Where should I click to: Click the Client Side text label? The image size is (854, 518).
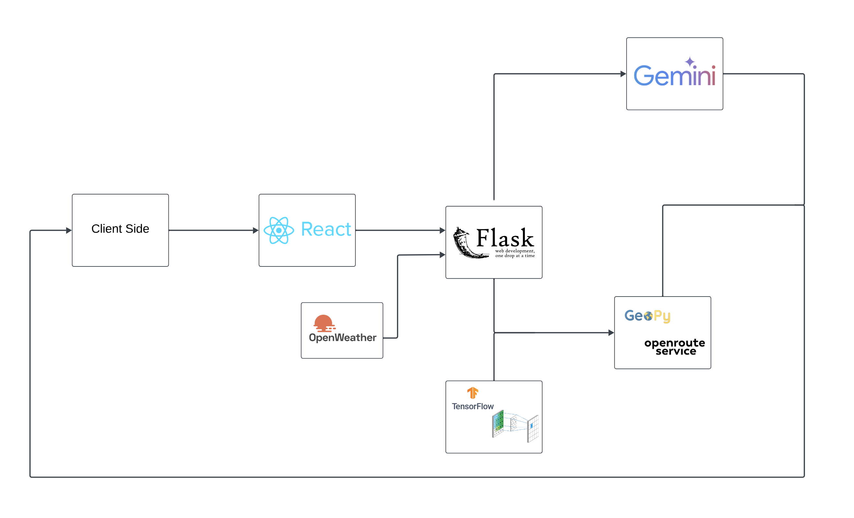tap(120, 229)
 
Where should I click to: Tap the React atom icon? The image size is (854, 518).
tap(279, 230)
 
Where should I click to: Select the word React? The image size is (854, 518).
tap(326, 229)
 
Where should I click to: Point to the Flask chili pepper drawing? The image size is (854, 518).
tap(466, 244)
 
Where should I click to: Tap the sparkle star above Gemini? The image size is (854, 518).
tap(690, 62)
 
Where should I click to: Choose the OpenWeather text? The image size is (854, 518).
tap(342, 338)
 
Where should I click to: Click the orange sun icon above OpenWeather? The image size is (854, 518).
tap(324, 323)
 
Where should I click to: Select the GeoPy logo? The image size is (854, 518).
tap(647, 316)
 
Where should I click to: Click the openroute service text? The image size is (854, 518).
tap(675, 347)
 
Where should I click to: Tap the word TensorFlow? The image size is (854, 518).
tap(472, 406)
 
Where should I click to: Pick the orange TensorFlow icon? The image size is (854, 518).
tap(472, 393)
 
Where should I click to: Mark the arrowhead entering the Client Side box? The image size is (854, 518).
tap(69, 230)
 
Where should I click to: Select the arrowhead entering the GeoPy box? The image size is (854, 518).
tap(611, 333)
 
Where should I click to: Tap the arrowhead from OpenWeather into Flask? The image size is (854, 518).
tap(442, 255)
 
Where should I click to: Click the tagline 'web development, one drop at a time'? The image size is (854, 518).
tap(515, 253)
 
